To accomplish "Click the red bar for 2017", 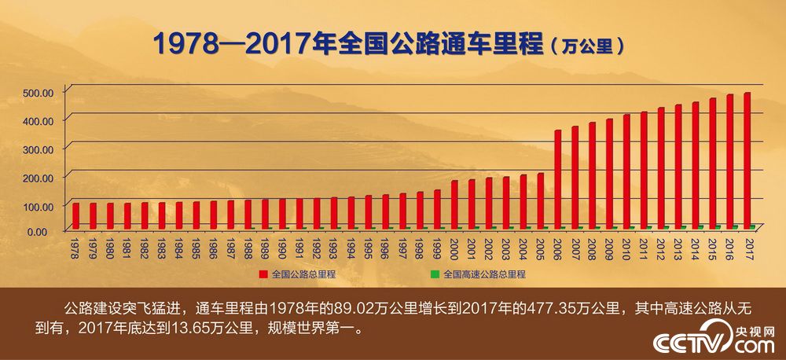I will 747,161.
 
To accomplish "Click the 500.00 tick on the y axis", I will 38,92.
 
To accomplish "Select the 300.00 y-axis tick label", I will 38,149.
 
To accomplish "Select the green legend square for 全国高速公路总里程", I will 435,275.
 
